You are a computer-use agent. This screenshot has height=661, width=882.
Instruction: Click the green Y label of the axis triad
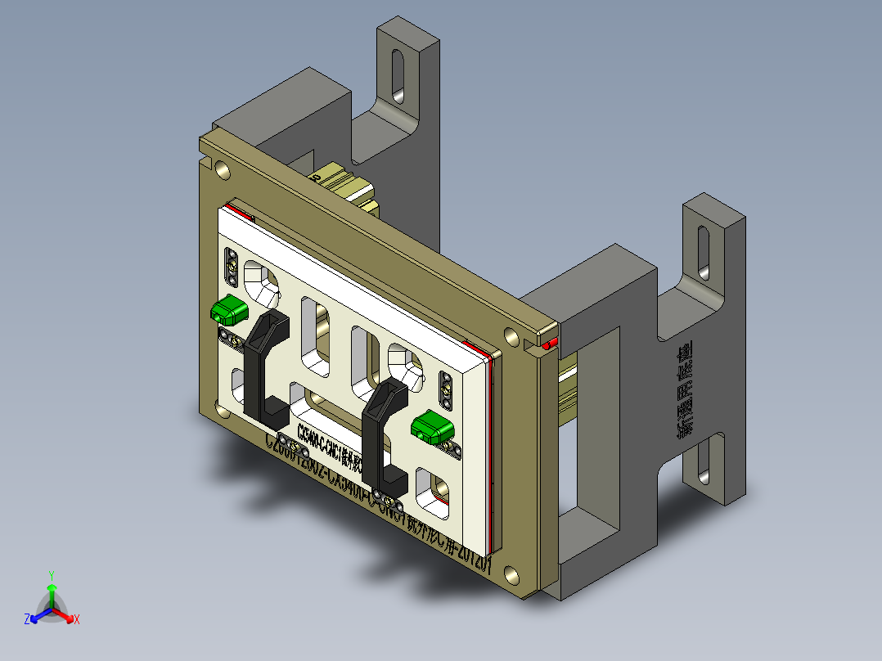51,575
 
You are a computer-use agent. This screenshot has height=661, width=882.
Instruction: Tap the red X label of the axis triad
76,620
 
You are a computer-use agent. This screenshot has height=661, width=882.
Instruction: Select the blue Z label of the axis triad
27,620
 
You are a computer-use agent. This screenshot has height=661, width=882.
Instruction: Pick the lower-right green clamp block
433,425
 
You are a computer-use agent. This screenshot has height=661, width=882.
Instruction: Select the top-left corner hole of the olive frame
222,169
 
